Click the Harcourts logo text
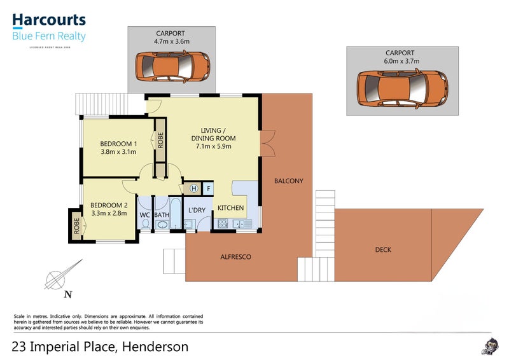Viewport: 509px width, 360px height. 48,20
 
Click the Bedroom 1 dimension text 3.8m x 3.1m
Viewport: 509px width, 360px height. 118,152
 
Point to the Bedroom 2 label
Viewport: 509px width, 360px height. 109,205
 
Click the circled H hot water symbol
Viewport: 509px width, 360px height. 193,188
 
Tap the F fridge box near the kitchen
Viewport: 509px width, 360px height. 207,188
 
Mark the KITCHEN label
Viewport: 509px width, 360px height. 230,208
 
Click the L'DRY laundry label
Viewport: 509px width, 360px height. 196,210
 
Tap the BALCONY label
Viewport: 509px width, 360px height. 288,181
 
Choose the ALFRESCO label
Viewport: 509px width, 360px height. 235,257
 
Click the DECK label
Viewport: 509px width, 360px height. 383,250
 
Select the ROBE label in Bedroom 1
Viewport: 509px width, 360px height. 160,139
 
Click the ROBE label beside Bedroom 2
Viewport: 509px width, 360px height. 76,226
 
